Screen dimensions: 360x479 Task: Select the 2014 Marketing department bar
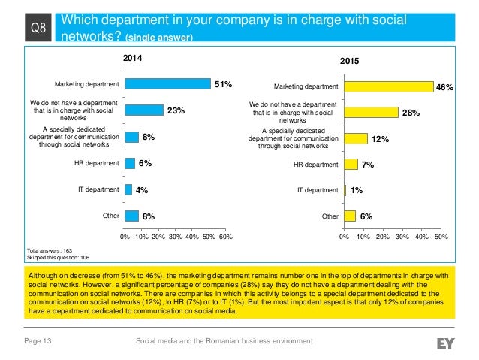click(167, 84)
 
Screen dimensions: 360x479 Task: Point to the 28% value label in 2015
click(411, 113)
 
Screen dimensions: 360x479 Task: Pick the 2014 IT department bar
click(128, 189)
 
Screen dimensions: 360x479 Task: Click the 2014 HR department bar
click(129, 163)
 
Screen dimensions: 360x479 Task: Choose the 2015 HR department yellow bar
click(351, 165)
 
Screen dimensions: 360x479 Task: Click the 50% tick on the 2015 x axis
click(441, 237)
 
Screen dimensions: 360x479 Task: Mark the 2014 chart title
click(132, 56)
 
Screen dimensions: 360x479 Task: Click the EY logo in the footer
click(446, 343)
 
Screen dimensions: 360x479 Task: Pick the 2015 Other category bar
click(349, 216)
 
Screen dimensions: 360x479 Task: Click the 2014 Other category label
click(110, 216)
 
